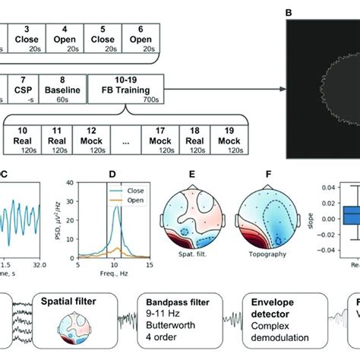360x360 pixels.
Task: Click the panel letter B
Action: (x=289, y=12)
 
